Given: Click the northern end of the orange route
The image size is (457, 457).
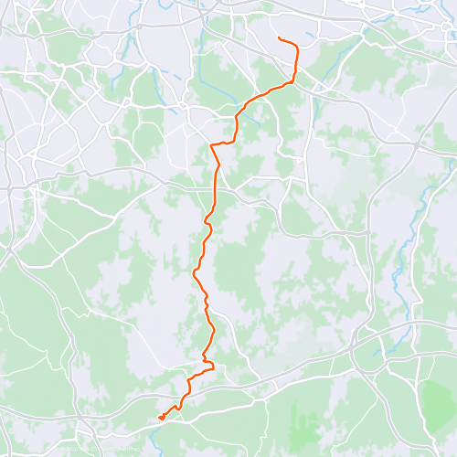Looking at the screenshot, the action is coord(278,37).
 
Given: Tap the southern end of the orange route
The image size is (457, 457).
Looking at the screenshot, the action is coord(161,418).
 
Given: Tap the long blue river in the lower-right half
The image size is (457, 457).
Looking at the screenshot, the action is coord(402,265).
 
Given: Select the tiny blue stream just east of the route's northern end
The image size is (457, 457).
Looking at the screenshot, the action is coord(311,37).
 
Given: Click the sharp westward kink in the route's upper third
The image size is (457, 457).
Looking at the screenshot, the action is coord(212,144).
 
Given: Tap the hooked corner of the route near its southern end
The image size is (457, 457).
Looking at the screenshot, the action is coord(211,366).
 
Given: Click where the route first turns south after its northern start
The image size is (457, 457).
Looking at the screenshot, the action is coord(296,48).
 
